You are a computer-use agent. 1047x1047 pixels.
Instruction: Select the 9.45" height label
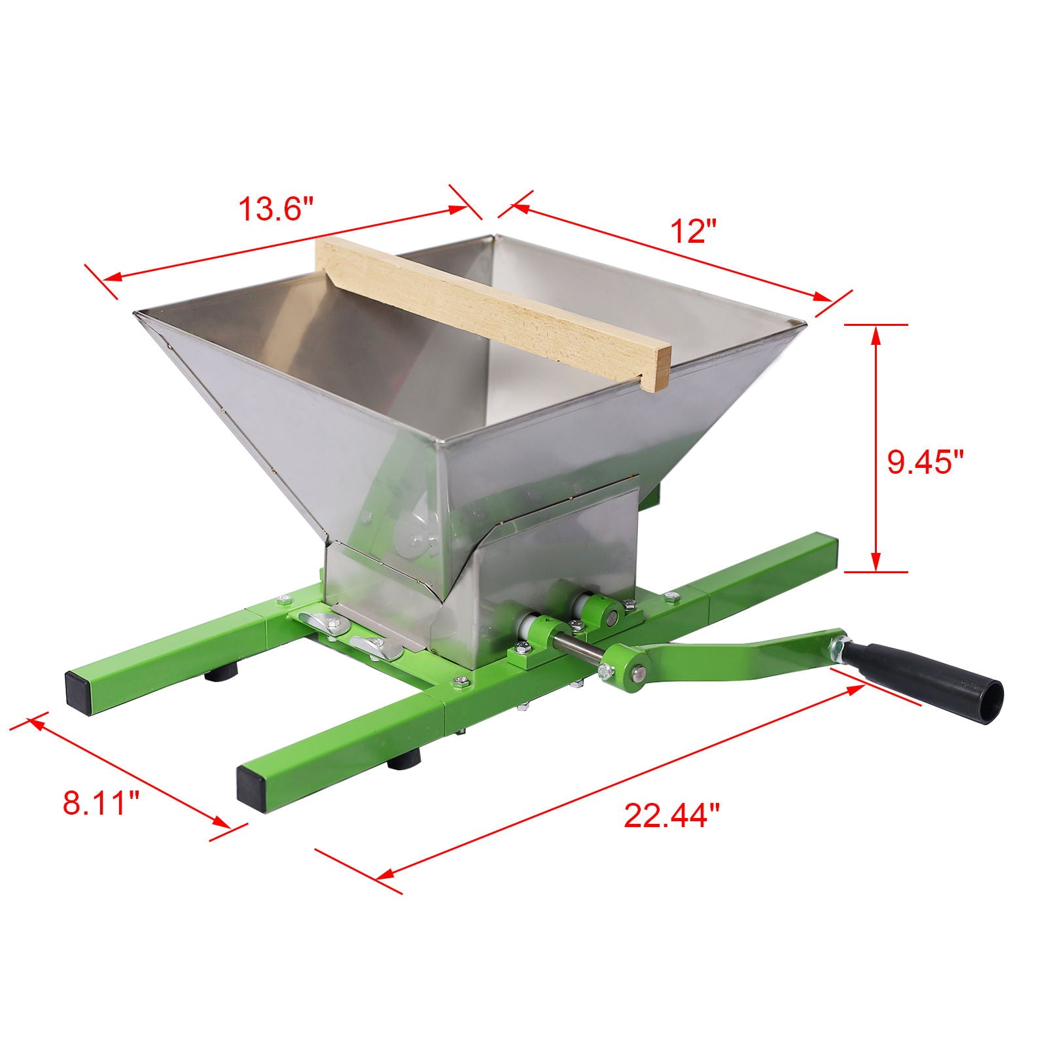pyautogui.click(x=925, y=463)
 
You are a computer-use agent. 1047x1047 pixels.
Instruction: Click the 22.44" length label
pyautogui.click(x=671, y=815)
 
